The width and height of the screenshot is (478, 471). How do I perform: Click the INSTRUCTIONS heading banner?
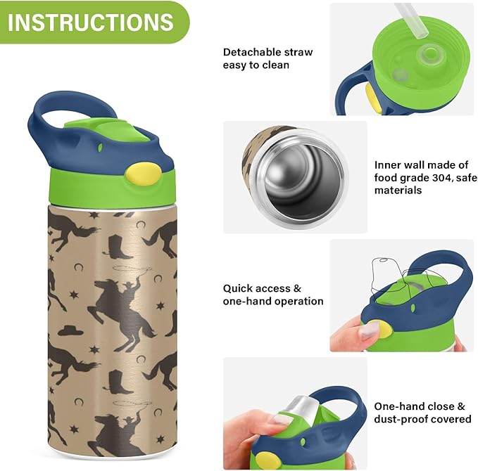pos(92,22)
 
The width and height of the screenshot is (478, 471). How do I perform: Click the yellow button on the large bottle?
pos(137,174)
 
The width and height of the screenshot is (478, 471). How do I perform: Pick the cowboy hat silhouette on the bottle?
pos(70,330)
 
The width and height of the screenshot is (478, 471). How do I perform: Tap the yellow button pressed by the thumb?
pos(379,330)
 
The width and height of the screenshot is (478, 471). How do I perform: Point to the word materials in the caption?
pos(399,190)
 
